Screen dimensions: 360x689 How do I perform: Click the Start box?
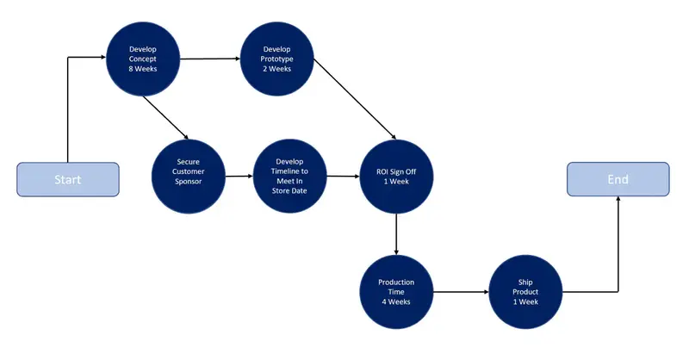tap(68, 179)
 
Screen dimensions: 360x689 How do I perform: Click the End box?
tap(618, 179)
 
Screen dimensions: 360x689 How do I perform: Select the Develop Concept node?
tap(142, 59)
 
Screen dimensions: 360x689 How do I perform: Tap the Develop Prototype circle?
tap(277, 59)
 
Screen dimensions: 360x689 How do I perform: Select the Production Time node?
tap(395, 292)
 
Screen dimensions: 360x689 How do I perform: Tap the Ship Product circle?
tap(525, 292)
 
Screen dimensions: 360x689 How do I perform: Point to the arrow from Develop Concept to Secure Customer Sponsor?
tap(165, 116)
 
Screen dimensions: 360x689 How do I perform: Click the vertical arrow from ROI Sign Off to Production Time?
tap(395, 233)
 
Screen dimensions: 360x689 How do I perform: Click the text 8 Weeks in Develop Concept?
tap(142, 69)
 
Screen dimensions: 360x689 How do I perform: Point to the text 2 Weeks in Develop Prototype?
tap(277, 69)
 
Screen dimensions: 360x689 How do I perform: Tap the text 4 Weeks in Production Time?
tap(395, 302)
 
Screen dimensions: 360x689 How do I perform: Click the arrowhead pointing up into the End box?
tap(618, 201)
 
